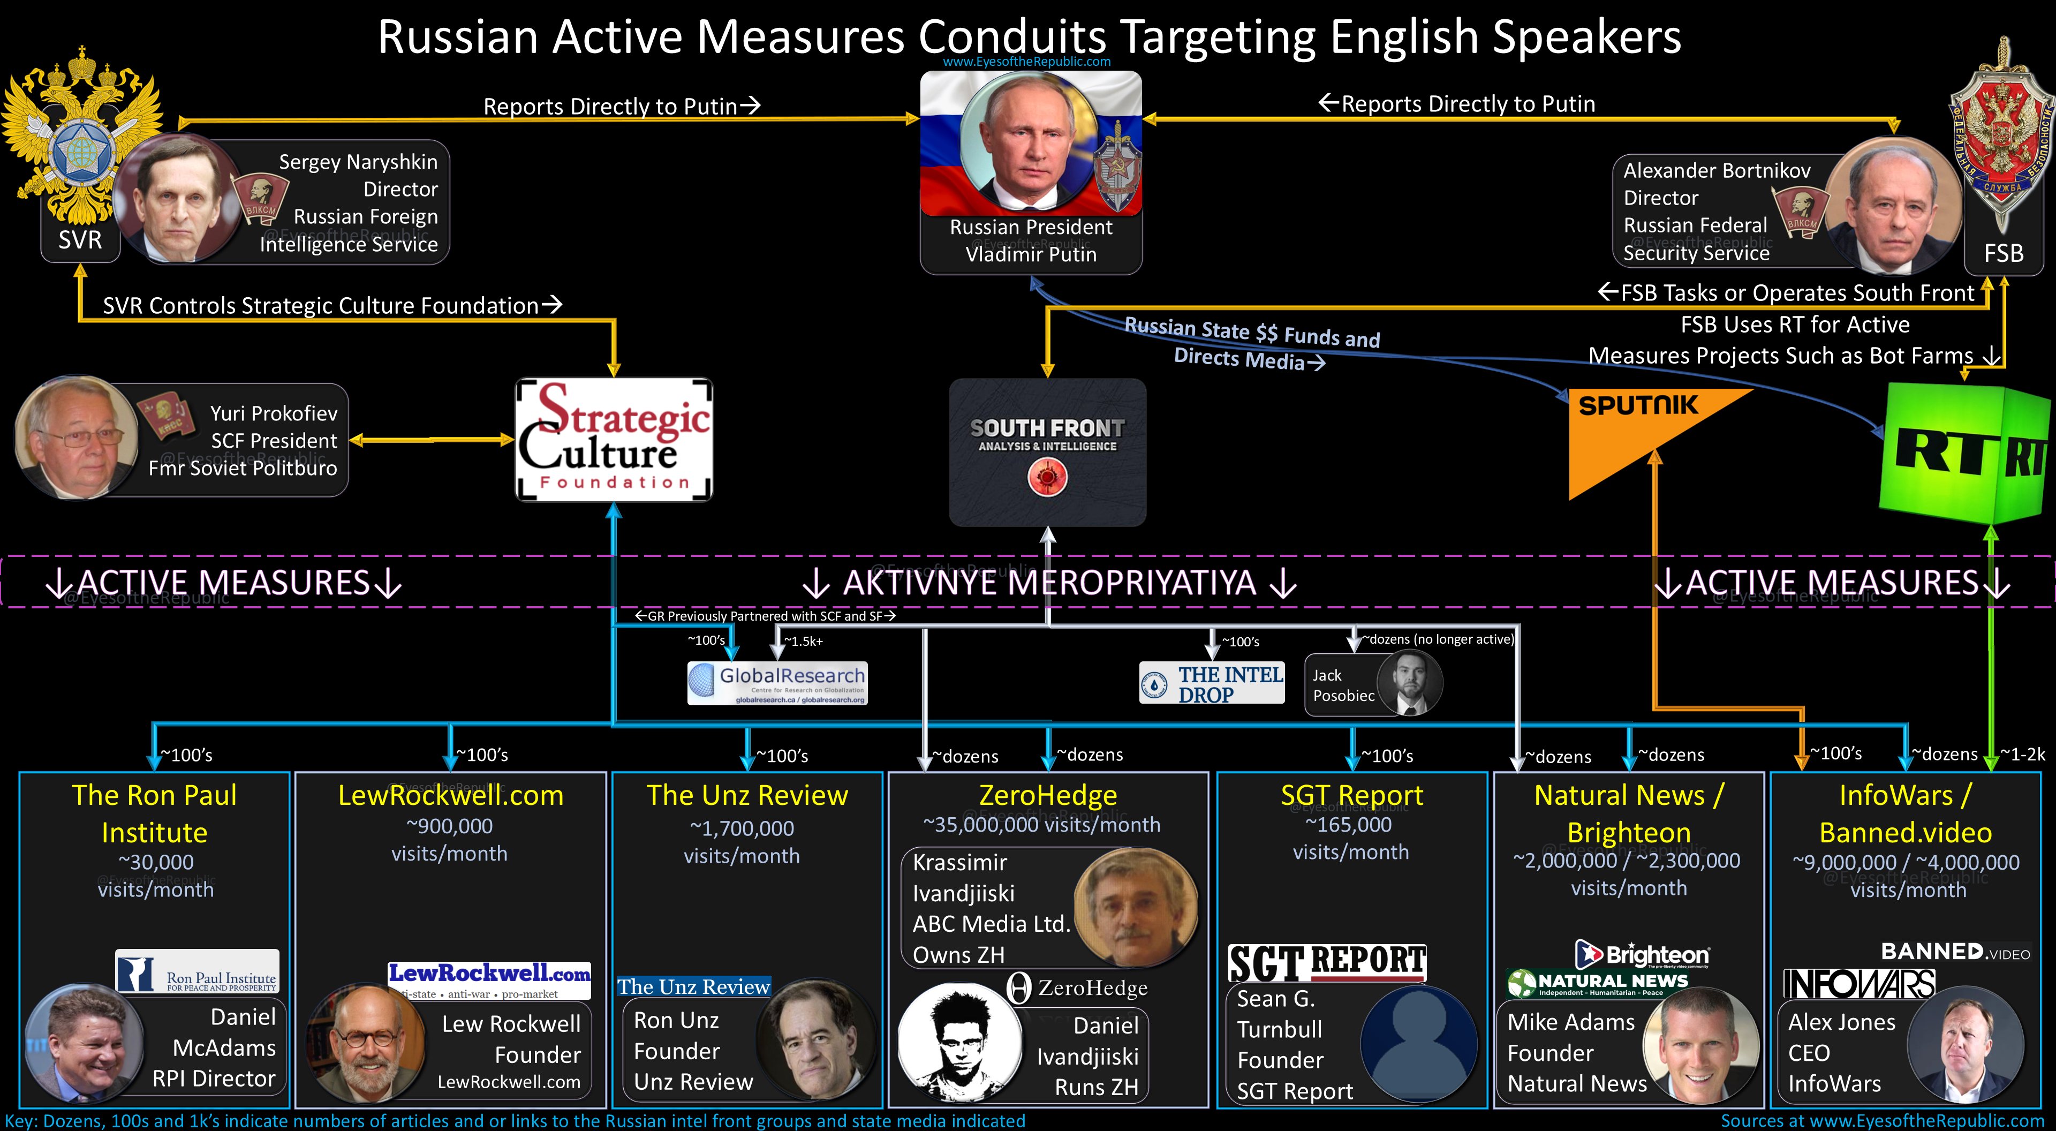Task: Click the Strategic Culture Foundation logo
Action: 614,440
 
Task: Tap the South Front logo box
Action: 1047,452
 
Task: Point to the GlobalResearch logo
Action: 777,683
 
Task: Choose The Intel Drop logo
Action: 1212,683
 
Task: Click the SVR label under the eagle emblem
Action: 80,239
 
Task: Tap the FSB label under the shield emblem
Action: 2004,253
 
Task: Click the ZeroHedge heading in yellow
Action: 1047,795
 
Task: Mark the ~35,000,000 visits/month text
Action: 1041,825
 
